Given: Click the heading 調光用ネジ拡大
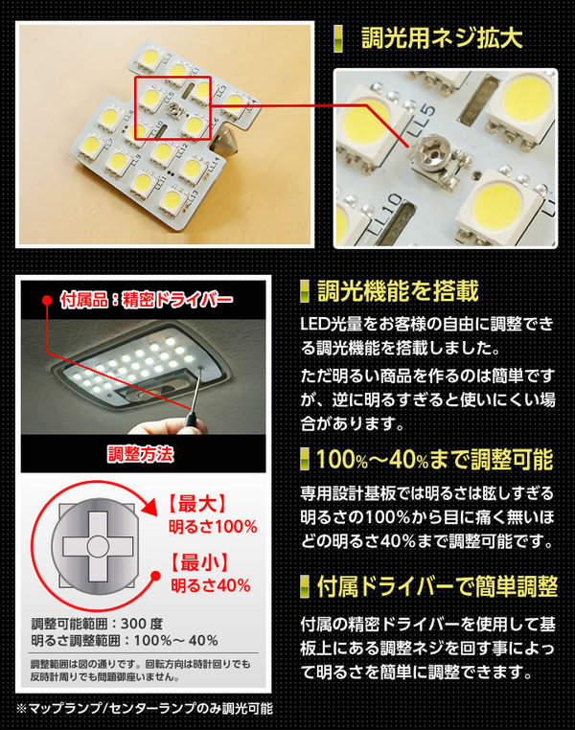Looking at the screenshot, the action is pyautogui.click(x=443, y=37).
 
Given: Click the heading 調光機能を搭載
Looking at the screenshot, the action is pyautogui.click(x=398, y=292).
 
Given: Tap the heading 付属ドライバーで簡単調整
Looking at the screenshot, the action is pyautogui.click(x=437, y=586).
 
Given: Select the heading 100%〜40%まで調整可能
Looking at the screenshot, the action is pyautogui.click(x=435, y=460).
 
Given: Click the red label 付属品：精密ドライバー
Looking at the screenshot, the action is pyautogui.click(x=147, y=300).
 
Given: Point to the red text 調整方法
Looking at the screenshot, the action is pyautogui.click(x=141, y=454).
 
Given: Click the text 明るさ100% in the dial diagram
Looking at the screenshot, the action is pyautogui.click(x=213, y=527).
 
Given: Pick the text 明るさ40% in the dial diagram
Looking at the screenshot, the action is pyautogui.click(x=211, y=585).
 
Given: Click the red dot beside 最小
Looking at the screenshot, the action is pyautogui.click(x=156, y=577).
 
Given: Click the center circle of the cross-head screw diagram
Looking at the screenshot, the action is pyautogui.click(x=98, y=546).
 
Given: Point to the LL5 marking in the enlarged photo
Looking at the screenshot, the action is pyautogui.click(x=422, y=121).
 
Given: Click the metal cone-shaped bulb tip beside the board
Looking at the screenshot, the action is pyautogui.click(x=226, y=142).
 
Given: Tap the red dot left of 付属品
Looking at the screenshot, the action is pyautogui.click(x=47, y=300).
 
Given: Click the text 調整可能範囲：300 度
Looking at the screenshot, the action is pyautogui.click(x=97, y=624).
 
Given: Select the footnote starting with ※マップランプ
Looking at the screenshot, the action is pyautogui.click(x=145, y=709).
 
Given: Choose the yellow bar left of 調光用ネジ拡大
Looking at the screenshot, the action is pyautogui.click(x=338, y=38).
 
